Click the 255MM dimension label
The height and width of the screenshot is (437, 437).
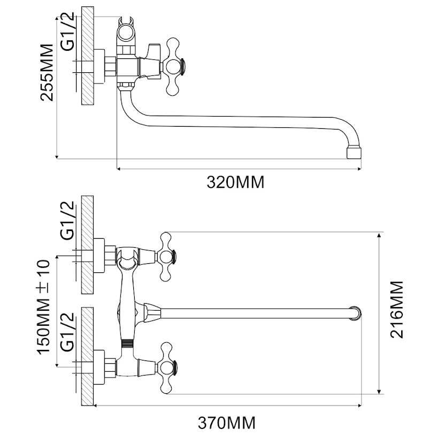pyautogui.click(x=47, y=72)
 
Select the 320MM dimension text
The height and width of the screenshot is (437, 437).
pyautogui.click(x=235, y=183)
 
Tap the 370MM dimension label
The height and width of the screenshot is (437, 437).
pyautogui.click(x=227, y=423)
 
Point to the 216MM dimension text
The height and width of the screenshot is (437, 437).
pyautogui.click(x=396, y=309)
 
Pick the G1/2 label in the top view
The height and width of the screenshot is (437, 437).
pyautogui.click(x=68, y=32)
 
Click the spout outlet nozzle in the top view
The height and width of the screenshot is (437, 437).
pyautogui.click(x=354, y=153)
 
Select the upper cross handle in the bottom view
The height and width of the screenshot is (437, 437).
pyautogui.click(x=168, y=257)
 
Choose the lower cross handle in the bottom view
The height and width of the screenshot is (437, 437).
pyautogui.click(x=168, y=368)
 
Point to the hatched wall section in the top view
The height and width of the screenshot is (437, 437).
pyautogui.click(x=88, y=56)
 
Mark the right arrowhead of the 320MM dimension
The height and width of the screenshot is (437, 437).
pyautogui.click(x=359, y=168)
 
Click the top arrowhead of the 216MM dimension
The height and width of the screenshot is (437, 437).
pyautogui.click(x=379, y=235)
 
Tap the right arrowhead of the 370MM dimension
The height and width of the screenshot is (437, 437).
pyautogui.click(x=359, y=405)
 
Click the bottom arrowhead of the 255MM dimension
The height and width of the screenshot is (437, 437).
pyautogui.click(x=57, y=156)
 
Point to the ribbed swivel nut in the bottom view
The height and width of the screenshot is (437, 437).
pyautogui.click(x=127, y=343)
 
